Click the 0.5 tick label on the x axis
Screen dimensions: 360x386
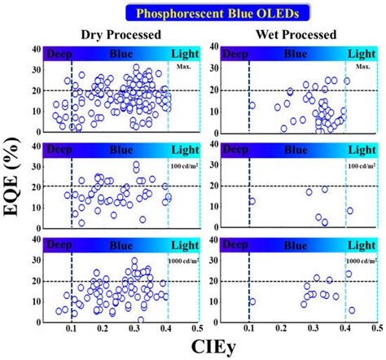tap(377, 327)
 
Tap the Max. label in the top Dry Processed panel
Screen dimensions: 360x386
tap(183, 67)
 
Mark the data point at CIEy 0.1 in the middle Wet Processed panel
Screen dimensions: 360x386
tap(252, 201)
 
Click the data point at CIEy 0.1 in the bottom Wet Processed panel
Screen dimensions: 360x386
tap(252, 301)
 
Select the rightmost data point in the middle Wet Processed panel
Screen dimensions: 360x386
tap(350, 210)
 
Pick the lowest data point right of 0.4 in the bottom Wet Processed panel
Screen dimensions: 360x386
tap(352, 310)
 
